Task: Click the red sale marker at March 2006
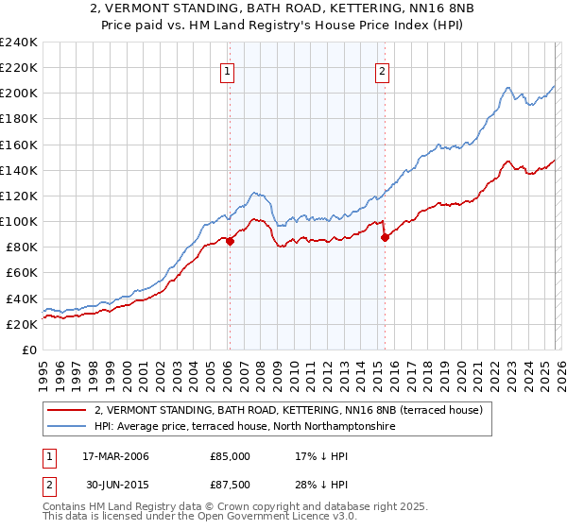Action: tap(230, 241)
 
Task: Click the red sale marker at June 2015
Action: tap(385, 238)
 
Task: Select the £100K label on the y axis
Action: tap(19, 221)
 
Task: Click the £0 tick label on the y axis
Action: tap(28, 350)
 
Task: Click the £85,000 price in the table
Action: tap(231, 456)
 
